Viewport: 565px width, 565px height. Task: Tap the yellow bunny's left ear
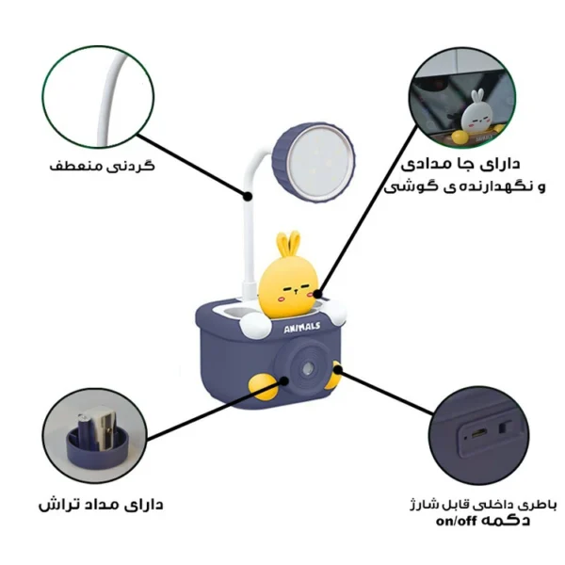pos(277,248)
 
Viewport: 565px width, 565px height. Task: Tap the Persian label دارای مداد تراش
pos(101,504)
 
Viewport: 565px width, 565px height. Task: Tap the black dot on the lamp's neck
pos(248,197)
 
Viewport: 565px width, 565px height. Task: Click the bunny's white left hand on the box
pos(251,326)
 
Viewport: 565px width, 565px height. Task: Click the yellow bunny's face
pos(291,288)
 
